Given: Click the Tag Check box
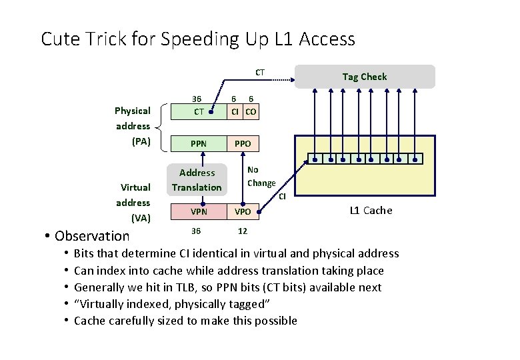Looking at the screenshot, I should (x=364, y=77).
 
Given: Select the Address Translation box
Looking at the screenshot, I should (x=197, y=180).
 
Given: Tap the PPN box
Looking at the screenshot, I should (x=199, y=143).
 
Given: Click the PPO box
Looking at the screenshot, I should (x=243, y=143).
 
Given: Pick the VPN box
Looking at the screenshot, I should (x=199, y=211).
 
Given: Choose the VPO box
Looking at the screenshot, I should (x=243, y=211).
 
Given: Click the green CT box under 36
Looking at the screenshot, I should (x=199, y=111).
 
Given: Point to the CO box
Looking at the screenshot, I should (x=251, y=111).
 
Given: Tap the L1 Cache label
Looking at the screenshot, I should (x=371, y=211).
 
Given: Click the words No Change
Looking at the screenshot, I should (x=261, y=177).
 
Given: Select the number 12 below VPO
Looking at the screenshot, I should (x=243, y=231).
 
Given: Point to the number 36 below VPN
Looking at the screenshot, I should (x=195, y=231).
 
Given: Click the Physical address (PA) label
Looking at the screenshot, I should (x=133, y=126).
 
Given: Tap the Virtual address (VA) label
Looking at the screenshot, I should (x=133, y=202).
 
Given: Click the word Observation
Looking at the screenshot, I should (x=92, y=235).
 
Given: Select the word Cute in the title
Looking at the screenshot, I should (x=61, y=39).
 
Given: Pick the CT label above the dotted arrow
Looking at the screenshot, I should (x=260, y=72).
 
